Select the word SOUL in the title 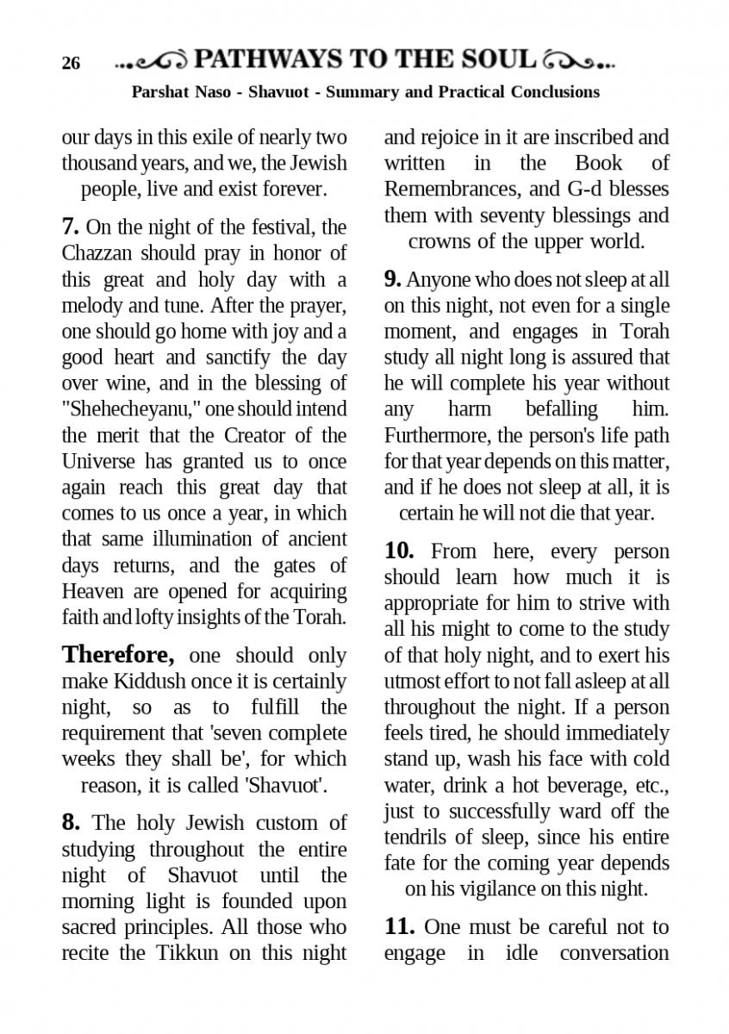pyautogui.click(x=501, y=59)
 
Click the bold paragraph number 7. pyautogui.click(x=71, y=227)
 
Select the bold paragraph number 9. pyautogui.click(x=393, y=279)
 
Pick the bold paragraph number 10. pyautogui.click(x=400, y=551)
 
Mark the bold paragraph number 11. pyautogui.click(x=400, y=927)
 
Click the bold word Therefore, pyautogui.click(x=118, y=655)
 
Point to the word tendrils pyautogui.click(x=417, y=837)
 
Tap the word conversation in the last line pyautogui.click(x=614, y=953)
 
